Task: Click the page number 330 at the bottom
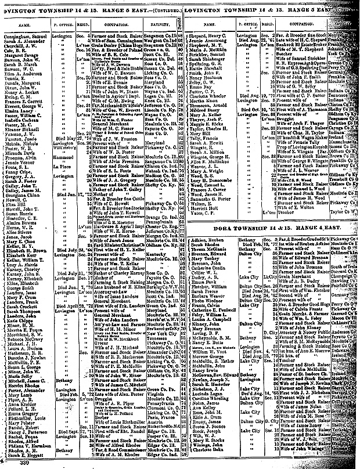(12, 464)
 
